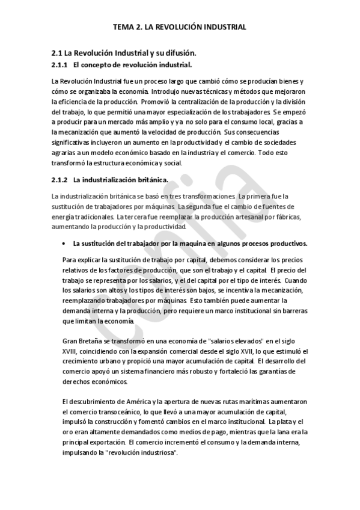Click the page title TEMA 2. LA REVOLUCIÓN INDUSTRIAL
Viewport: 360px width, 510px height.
pyautogui.click(x=180, y=27)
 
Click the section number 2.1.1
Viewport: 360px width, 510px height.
pyautogui.click(x=59, y=64)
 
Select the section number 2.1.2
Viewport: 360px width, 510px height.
pyautogui.click(x=59, y=179)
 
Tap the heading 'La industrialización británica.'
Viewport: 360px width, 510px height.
pyautogui.click(x=121, y=179)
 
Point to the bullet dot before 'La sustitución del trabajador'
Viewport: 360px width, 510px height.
pyautogui.click(x=64, y=244)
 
